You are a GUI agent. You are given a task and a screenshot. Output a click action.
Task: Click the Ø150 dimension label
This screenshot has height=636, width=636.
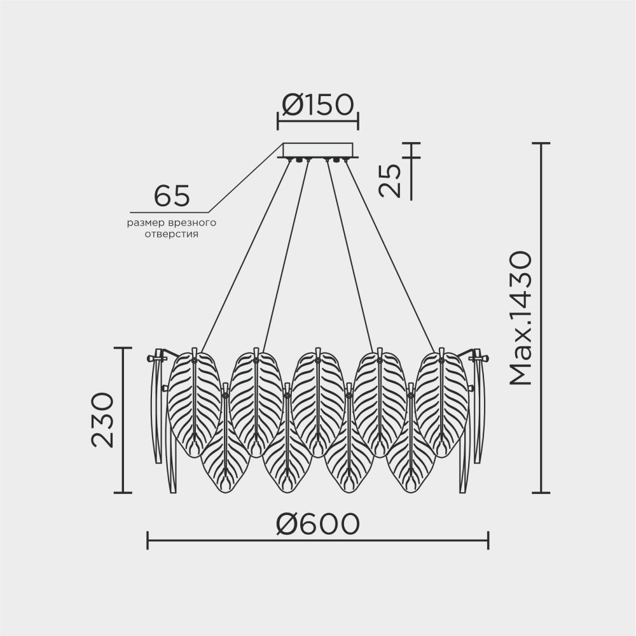point(318,105)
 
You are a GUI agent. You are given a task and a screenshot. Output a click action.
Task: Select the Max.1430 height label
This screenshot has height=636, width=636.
point(520,318)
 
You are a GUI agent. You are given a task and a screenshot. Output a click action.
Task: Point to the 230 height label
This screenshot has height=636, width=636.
point(102,420)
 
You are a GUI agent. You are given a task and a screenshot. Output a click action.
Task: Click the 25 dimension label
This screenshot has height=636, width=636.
point(390,180)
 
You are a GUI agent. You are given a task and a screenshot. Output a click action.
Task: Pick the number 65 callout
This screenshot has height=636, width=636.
point(172,195)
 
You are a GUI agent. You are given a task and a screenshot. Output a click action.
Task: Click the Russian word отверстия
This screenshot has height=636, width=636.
point(172,234)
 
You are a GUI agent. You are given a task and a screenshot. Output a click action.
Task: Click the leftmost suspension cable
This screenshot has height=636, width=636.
point(245,255)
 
